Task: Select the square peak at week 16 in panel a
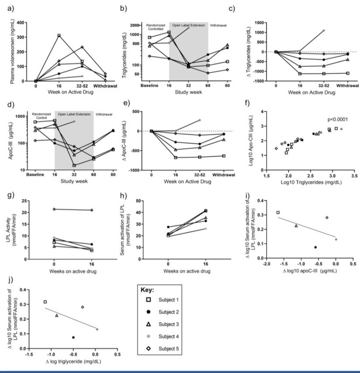click(59, 35)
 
